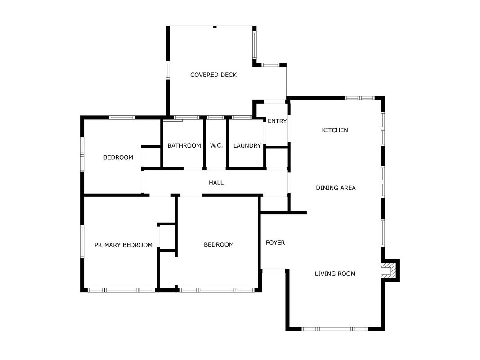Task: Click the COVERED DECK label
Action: click(213, 75)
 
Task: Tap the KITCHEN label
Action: click(335, 130)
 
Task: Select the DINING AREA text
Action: click(336, 188)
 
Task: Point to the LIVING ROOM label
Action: click(335, 274)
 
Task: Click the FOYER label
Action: click(275, 243)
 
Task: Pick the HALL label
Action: click(216, 183)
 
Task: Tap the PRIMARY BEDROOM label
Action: click(123, 245)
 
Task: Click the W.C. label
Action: click(216, 145)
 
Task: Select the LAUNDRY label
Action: click(247, 146)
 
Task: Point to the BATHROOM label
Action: click(184, 145)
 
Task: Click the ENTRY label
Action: click(277, 121)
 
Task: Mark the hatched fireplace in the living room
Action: click(388, 270)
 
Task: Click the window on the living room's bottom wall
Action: click(335, 329)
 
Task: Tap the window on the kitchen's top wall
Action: click(360, 98)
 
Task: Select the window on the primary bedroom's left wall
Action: click(82, 242)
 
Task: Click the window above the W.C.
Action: click(215, 117)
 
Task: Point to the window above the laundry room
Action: click(242, 117)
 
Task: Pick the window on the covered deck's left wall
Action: click(168, 70)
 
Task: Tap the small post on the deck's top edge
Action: click(215, 27)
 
